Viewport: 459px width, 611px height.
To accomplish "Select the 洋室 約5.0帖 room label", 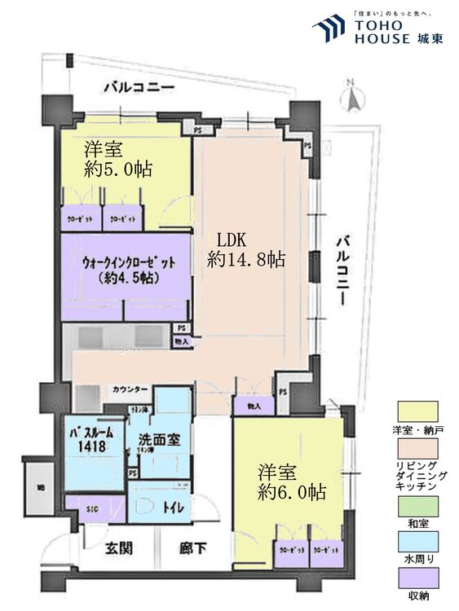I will point(119,160).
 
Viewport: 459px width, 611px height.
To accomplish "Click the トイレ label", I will point(174,508).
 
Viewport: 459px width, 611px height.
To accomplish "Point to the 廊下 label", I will point(193,548).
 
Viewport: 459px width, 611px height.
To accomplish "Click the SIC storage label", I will point(94,509).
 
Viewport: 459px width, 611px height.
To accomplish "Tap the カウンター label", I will point(130,390).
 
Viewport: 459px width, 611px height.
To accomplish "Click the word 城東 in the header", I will point(428,36).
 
